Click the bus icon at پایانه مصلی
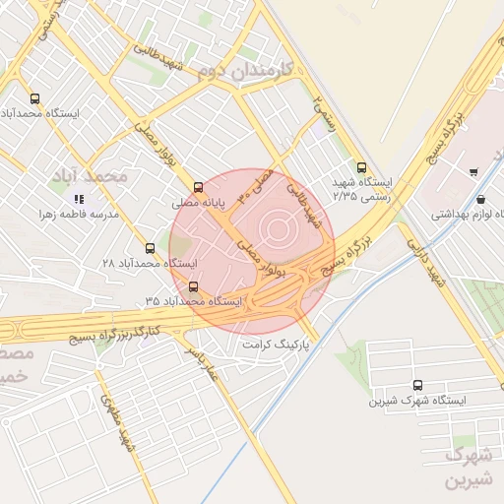pos(198,186)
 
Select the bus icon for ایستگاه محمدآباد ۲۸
pos(150,248)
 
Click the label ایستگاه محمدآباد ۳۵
pos(194,299)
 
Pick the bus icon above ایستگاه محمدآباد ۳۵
pos(192,286)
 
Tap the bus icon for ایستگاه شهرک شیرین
pos(418,386)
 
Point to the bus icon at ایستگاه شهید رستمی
pos(361,167)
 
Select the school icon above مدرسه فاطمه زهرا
pos(79,199)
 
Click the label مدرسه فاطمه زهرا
pos(79,214)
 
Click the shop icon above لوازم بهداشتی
pos(478,198)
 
